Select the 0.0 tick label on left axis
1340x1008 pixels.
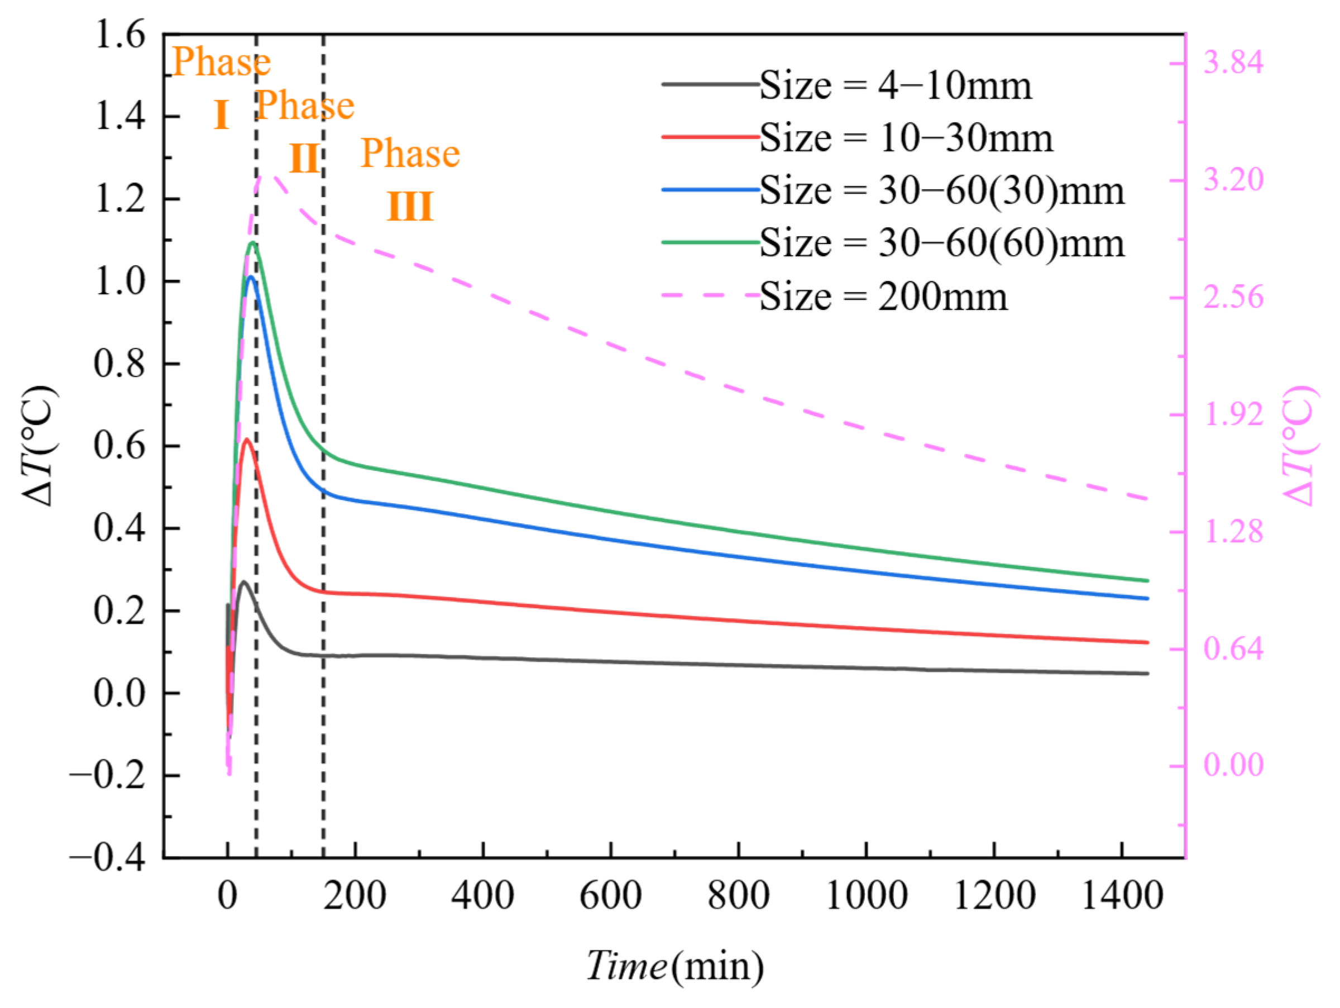tap(120, 692)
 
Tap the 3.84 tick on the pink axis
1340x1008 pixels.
tap(1233, 63)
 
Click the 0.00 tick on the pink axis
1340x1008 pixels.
tap(1233, 765)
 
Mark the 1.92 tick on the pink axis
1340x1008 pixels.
tap(1233, 414)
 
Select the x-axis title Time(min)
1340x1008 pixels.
tap(675, 966)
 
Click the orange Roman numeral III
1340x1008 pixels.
tap(410, 207)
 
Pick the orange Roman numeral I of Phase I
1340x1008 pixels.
tap(221, 115)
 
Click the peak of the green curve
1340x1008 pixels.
tap(252, 243)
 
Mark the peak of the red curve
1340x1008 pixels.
tap(247, 439)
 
